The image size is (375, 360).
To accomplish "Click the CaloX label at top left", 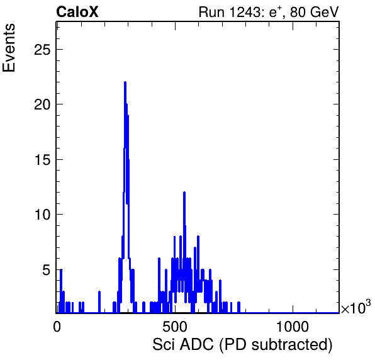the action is tap(77, 11).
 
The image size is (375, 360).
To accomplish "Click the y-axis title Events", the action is tap(9, 48).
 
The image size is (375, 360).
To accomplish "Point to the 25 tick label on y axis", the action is tap(42, 50).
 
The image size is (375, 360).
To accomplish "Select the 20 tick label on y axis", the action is tap(42, 104).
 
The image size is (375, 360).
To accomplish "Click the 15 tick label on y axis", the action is tap(42, 160).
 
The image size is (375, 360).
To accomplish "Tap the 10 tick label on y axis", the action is tap(42, 215).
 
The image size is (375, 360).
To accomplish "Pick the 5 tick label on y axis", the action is tap(47, 270).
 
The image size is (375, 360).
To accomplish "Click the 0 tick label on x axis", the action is tap(57, 327).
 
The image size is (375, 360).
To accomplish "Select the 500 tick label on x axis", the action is tap(175, 327).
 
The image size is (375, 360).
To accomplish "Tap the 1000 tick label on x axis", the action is tap(293, 327).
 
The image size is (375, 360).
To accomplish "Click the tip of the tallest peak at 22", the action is tap(125, 82).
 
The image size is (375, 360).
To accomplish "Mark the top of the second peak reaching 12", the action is tap(184, 193).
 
